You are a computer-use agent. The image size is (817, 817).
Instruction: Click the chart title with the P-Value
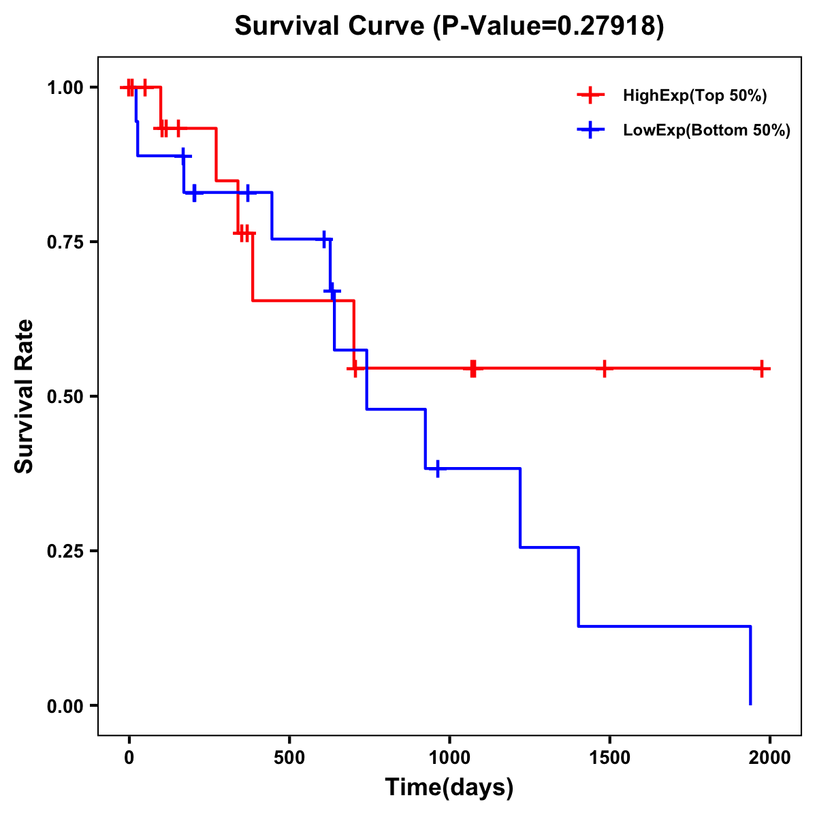click(449, 26)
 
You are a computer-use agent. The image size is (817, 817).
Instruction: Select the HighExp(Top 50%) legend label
click(694, 96)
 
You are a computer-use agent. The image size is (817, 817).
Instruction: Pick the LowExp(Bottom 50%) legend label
click(707, 130)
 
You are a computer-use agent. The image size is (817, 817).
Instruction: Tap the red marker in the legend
click(590, 96)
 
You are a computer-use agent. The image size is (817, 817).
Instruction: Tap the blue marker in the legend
click(590, 130)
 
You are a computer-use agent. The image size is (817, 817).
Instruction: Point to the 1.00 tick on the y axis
click(65, 88)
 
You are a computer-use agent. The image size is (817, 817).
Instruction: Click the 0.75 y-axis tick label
click(65, 242)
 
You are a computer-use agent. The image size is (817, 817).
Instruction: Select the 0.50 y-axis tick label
click(65, 397)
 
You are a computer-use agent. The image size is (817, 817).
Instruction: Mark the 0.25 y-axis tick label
click(65, 551)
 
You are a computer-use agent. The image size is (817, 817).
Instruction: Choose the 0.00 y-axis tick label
click(65, 706)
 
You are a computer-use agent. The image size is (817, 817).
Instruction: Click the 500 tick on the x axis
click(289, 758)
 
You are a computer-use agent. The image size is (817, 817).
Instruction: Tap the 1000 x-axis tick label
click(449, 758)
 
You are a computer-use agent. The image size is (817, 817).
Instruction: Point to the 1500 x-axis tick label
click(609, 758)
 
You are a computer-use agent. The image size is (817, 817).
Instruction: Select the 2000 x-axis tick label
click(770, 758)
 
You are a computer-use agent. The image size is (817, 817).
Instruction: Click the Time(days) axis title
click(449, 788)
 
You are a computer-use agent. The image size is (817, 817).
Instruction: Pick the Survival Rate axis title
click(25, 396)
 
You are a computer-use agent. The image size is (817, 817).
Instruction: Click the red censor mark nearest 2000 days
click(763, 368)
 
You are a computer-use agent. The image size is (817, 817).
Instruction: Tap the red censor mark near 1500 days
click(603, 368)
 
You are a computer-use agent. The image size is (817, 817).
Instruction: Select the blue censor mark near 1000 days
click(437, 468)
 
